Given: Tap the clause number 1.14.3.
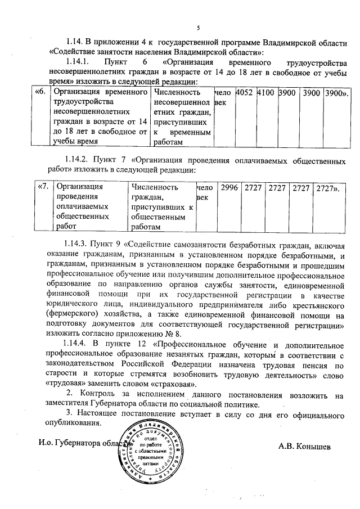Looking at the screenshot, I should tap(78, 245).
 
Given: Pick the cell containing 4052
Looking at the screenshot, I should tap(245, 92).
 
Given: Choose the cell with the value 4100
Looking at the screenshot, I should tap(266, 92).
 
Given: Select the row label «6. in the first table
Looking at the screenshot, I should tap(40, 92).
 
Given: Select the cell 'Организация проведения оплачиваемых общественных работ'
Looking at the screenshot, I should tap(90, 206).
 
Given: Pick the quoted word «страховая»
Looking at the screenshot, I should tap(172, 384).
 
